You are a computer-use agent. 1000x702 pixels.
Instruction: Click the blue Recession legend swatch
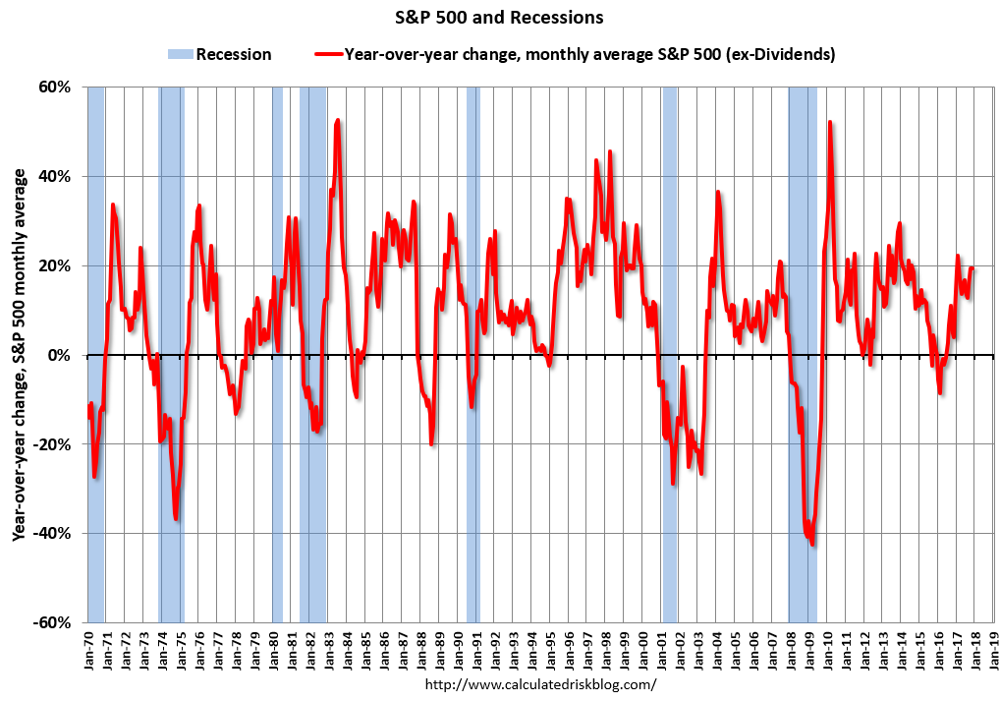pos(180,54)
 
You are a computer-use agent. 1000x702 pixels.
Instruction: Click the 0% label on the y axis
pos(59,355)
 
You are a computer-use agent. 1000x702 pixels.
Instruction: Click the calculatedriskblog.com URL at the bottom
pos(539,683)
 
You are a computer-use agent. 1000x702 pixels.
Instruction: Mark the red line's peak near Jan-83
pos(338,120)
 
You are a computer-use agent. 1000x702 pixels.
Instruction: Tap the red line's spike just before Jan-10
pos(830,122)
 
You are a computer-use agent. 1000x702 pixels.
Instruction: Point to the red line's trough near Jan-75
pos(175,519)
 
